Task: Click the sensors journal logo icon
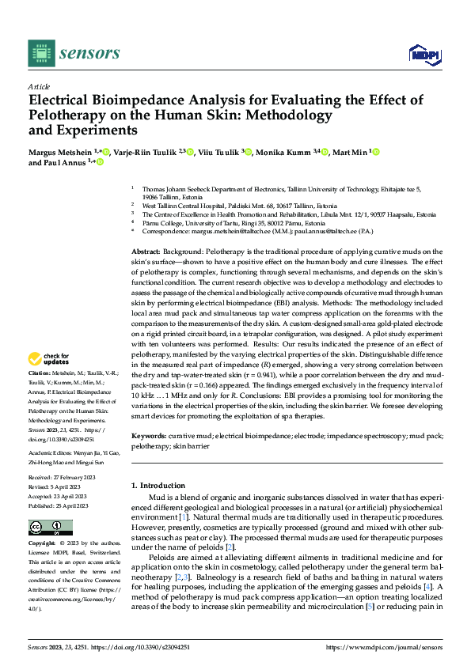click(x=40, y=53)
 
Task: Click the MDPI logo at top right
click(x=424, y=54)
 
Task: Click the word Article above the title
click(x=39, y=86)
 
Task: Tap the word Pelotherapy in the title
click(x=71, y=115)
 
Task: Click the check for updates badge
click(x=49, y=358)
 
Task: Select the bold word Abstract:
click(x=146, y=251)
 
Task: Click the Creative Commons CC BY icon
click(x=51, y=528)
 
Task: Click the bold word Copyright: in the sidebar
click(x=42, y=543)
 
